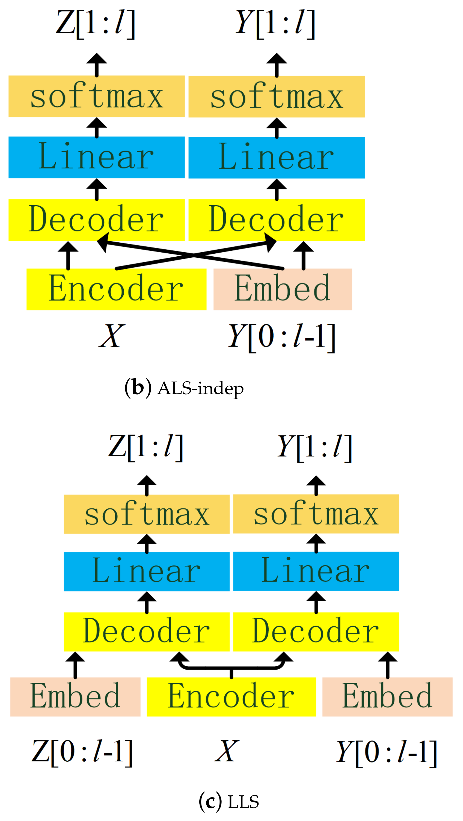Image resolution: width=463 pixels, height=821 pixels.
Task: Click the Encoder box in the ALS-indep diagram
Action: click(x=116, y=289)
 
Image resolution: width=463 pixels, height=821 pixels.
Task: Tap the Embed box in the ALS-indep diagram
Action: click(x=283, y=289)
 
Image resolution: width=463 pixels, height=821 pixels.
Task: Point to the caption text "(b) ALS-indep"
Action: click(x=184, y=388)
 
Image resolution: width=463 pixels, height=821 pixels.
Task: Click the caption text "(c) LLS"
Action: click(x=229, y=802)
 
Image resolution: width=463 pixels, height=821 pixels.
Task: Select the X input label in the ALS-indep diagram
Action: click(x=111, y=336)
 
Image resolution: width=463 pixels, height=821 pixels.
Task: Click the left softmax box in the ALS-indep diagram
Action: click(x=96, y=96)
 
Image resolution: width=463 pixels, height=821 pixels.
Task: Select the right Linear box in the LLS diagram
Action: click(x=316, y=571)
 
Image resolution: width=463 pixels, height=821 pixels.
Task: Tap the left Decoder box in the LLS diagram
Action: click(x=147, y=632)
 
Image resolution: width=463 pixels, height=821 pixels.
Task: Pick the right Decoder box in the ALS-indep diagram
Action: click(x=276, y=220)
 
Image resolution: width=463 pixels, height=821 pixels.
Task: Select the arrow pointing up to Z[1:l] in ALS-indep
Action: click(x=96, y=65)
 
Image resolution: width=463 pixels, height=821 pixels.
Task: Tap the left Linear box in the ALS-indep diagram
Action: click(x=96, y=157)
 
